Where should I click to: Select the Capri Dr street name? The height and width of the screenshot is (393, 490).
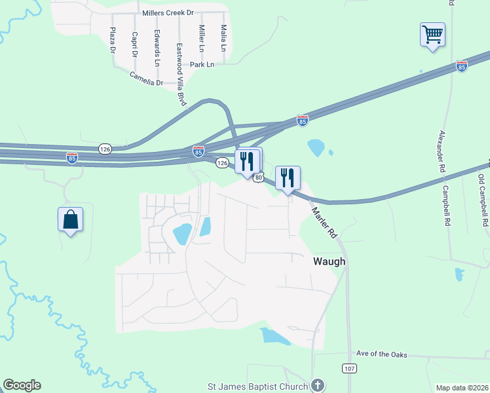(x=134, y=43)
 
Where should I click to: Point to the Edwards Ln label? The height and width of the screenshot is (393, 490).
(x=157, y=48)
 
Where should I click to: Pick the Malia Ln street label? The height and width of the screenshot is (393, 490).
(x=223, y=39)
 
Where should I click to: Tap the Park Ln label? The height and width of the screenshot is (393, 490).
(x=202, y=65)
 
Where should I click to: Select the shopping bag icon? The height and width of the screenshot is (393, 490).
(x=70, y=219)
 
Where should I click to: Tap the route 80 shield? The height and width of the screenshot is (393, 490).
(x=259, y=178)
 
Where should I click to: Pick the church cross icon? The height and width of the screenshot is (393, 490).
(x=318, y=384)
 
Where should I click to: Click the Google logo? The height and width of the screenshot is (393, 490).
(x=22, y=385)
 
